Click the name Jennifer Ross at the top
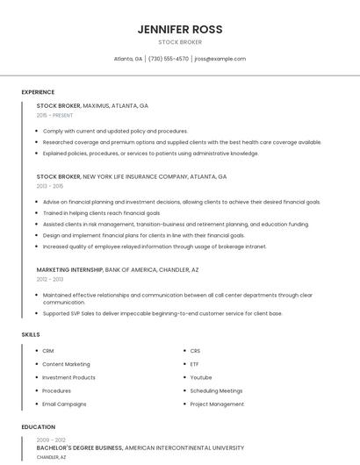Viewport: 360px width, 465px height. click(180, 29)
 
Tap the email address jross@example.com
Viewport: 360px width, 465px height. click(220, 59)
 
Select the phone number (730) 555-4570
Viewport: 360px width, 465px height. click(169, 59)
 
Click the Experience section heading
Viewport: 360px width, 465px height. click(38, 92)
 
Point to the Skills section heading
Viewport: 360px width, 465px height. click(31, 334)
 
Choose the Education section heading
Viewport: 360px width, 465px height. click(38, 427)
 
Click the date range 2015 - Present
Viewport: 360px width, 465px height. click(54, 115)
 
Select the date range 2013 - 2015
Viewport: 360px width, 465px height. click(50, 186)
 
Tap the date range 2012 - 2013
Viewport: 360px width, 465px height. click(50, 279)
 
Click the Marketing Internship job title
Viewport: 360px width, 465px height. click(69, 269)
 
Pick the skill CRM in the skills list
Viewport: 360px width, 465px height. click(48, 351)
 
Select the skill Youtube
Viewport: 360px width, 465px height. click(201, 377)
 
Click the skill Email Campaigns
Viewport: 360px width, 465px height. click(64, 404)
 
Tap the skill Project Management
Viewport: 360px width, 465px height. click(217, 404)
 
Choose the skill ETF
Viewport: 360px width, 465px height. click(195, 364)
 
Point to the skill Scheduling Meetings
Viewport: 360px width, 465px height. click(216, 390)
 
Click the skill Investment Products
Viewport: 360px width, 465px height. click(68, 377)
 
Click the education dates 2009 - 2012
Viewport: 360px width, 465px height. click(51, 440)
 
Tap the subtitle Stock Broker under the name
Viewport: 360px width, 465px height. click(180, 42)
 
